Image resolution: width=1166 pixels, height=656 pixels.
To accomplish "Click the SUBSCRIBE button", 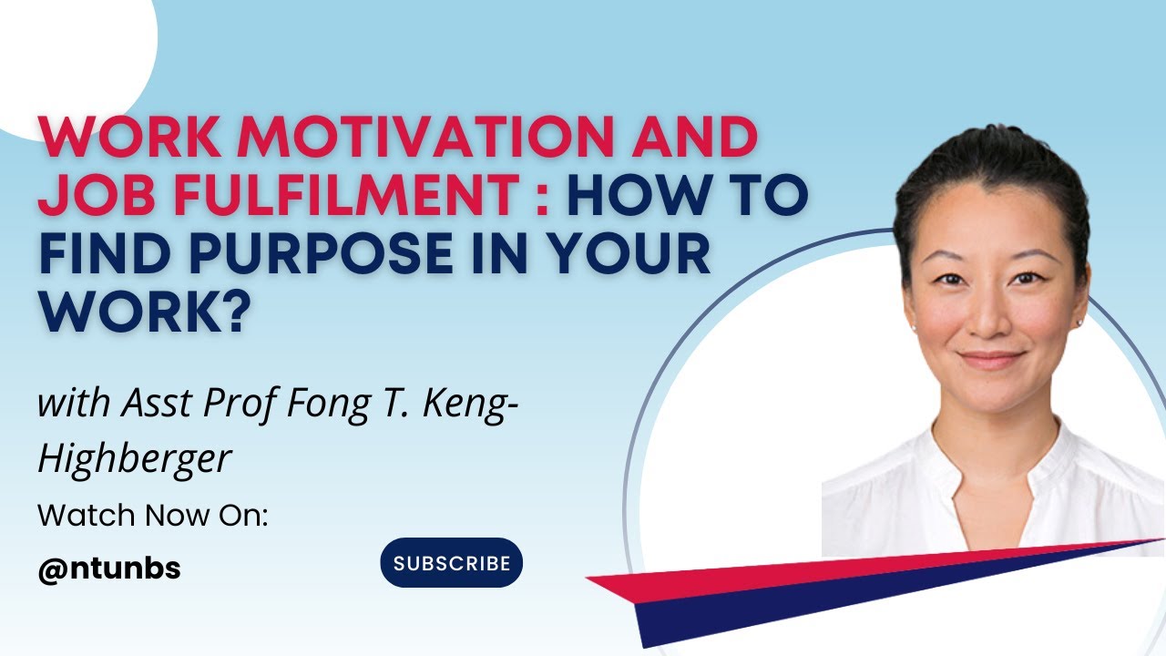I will (451, 563).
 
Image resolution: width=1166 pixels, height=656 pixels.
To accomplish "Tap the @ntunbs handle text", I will (108, 569).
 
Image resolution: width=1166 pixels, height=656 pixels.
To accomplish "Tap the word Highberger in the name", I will (134, 459).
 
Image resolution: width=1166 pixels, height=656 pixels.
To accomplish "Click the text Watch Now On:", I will (152, 516).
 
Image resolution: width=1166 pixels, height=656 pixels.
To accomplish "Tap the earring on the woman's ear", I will (1080, 322).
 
